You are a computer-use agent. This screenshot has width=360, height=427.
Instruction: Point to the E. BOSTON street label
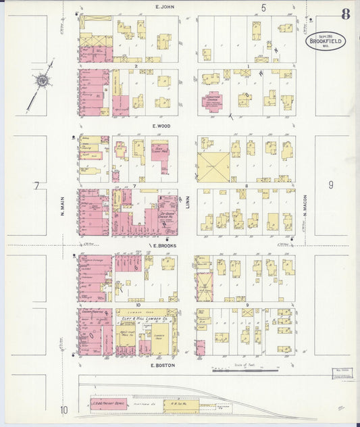(163, 365)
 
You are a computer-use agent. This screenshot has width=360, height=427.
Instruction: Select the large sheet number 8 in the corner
(345, 14)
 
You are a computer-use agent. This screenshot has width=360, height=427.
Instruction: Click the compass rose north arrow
(42, 82)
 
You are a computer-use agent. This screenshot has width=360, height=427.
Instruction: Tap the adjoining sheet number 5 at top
(263, 7)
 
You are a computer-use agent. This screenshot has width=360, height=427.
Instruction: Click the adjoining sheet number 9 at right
(331, 184)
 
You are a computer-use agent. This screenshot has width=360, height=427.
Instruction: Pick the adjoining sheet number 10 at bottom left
(63, 409)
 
